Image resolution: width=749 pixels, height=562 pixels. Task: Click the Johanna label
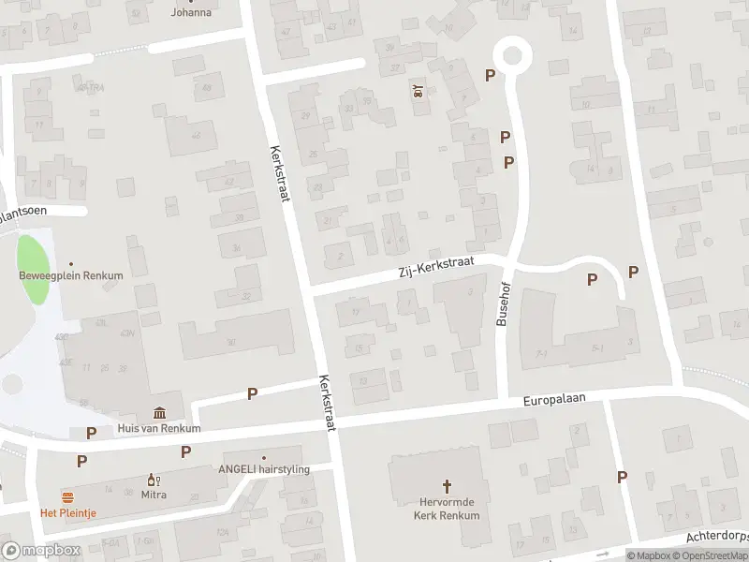(x=191, y=13)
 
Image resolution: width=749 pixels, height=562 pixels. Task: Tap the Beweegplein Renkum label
(x=71, y=275)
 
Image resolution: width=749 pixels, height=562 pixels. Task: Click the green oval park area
(x=34, y=270)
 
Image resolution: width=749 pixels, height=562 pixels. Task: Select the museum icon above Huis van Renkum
(x=159, y=413)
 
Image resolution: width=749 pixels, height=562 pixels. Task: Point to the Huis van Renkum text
(x=159, y=428)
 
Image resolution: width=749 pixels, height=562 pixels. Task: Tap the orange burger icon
(x=67, y=495)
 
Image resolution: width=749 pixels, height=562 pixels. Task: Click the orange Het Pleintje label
(x=67, y=512)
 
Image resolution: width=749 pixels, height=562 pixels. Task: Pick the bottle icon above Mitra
(x=152, y=479)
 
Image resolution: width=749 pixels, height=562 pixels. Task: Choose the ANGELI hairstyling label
(x=264, y=469)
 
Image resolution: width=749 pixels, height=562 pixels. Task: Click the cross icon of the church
(x=447, y=486)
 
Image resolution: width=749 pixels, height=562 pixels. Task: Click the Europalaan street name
(x=553, y=400)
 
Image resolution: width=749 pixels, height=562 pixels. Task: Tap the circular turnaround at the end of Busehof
(x=511, y=54)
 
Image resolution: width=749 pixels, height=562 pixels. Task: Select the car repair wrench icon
(x=418, y=91)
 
